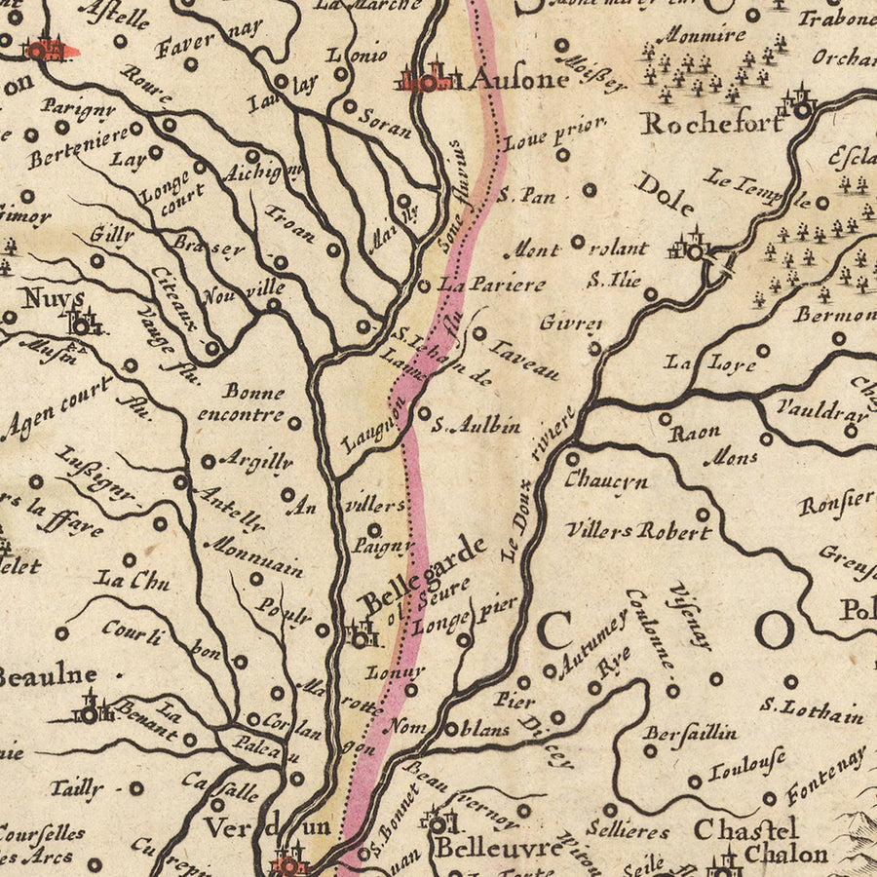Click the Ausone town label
(516, 79)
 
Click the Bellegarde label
(423, 576)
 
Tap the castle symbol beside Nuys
(84, 321)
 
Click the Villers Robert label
(638, 532)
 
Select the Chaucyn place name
(605, 480)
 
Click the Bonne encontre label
(241, 402)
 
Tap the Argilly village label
(255, 459)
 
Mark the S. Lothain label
(812, 711)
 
